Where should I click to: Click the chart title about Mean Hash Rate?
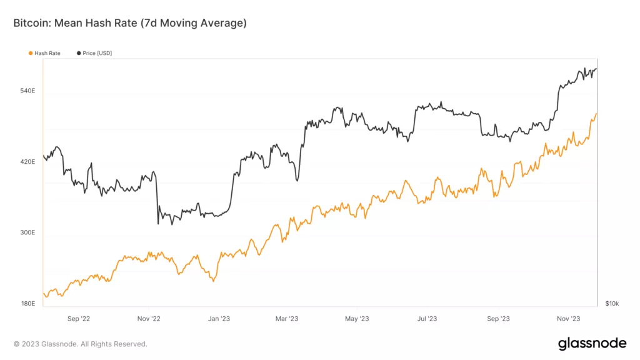pos(130,24)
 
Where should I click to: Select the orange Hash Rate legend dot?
pos(30,54)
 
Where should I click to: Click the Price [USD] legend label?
pos(97,54)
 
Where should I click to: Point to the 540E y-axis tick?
pos(27,91)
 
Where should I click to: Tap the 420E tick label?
pos(27,162)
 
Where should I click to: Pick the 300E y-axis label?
pos(27,232)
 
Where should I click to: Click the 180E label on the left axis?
pos(27,304)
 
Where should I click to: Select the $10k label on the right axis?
pos(612,304)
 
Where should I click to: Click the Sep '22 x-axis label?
pos(78,319)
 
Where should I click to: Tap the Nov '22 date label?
pos(148,319)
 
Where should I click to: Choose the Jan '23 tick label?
pos(217,319)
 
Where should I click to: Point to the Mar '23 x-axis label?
pos(286,319)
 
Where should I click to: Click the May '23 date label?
pos(356,319)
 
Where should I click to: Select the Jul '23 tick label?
pos(427,319)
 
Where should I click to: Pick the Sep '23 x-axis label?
pos(497,319)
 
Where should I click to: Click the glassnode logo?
pos(591,343)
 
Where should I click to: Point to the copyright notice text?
pos(81,344)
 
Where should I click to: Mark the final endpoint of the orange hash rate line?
pos(597,114)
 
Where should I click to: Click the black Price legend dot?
pos(78,54)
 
